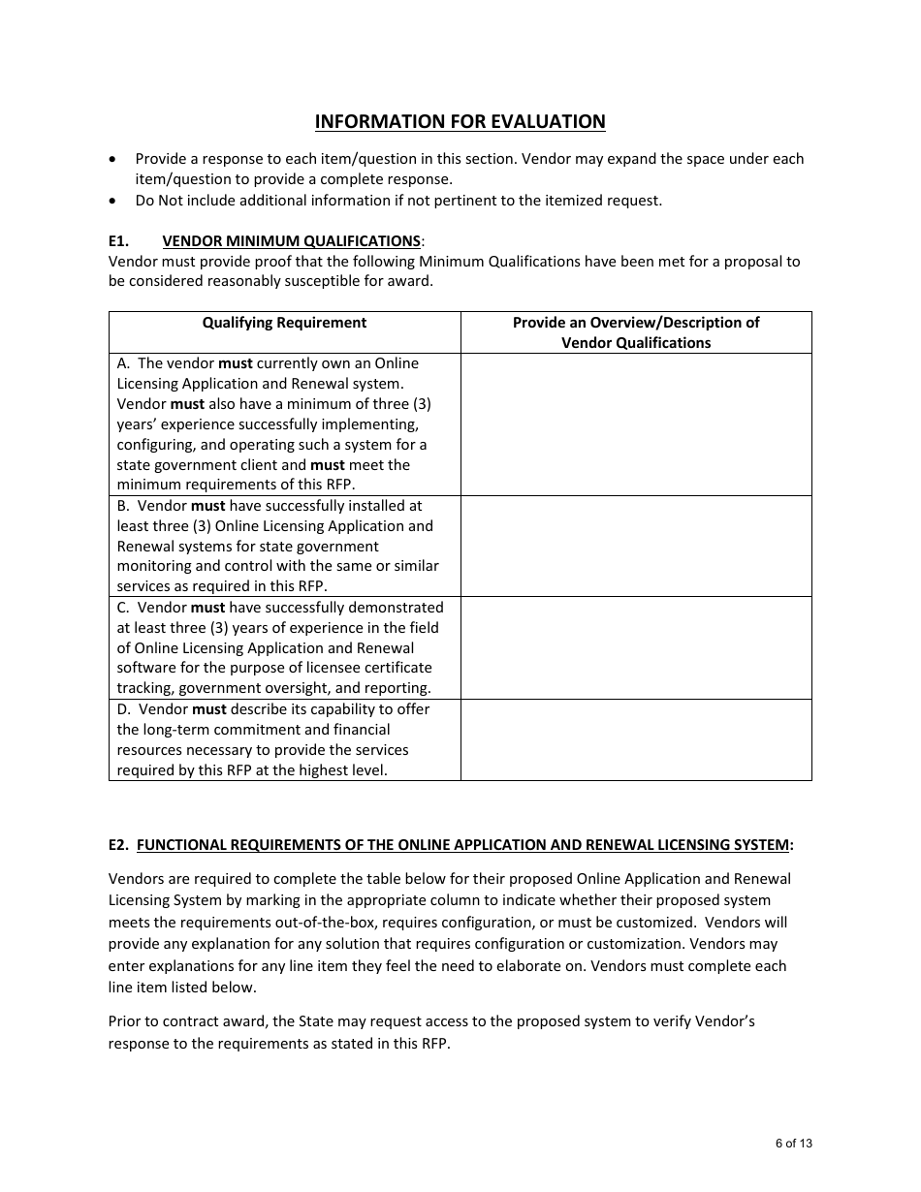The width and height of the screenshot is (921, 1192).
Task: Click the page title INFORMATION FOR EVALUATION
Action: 460,121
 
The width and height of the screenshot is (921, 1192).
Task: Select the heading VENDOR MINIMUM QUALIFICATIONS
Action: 291,240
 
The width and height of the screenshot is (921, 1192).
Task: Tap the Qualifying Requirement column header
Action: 284,323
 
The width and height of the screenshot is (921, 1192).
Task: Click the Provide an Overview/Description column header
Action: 636,332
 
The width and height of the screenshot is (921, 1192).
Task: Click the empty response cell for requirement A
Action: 636,424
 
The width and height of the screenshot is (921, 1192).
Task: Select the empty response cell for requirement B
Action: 636,546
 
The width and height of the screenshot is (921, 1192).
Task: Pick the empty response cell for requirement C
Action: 636,647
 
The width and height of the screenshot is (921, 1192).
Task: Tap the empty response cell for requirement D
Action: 636,739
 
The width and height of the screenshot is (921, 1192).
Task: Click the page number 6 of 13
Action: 794,1144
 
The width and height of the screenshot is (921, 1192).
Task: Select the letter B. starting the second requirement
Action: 123,506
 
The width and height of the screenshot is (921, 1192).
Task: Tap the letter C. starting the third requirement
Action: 123,608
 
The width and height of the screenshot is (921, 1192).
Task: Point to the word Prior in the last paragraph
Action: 125,1021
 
